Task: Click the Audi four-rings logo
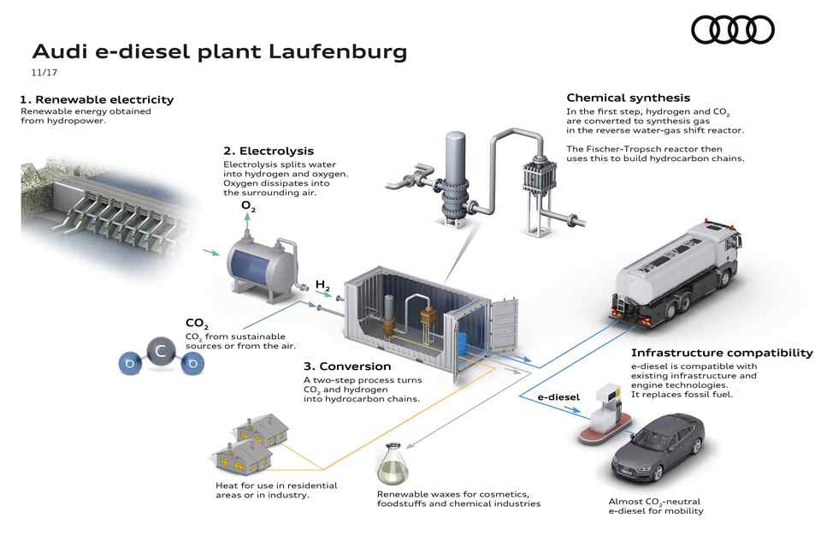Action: [732, 30]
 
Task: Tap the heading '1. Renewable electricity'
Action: [97, 99]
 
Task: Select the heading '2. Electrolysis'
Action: [268, 151]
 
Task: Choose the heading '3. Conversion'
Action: [341, 366]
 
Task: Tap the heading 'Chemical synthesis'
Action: [628, 98]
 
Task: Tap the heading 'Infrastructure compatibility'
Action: [721, 352]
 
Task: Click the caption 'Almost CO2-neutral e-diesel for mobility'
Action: [656, 505]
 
